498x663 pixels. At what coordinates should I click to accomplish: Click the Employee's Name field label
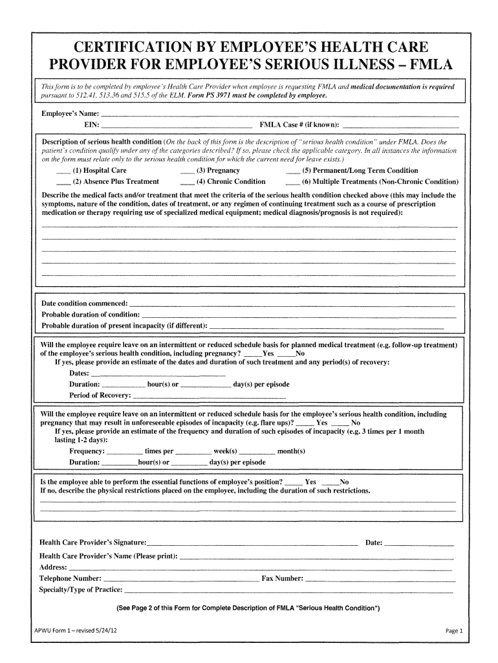[x=66, y=114]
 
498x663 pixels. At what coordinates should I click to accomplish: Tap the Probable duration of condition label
[x=91, y=314]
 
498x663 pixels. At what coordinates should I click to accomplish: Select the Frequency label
[x=87, y=451]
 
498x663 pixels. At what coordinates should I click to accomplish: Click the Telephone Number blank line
[x=180, y=579]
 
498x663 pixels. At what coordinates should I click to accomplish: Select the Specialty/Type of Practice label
[x=81, y=590]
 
